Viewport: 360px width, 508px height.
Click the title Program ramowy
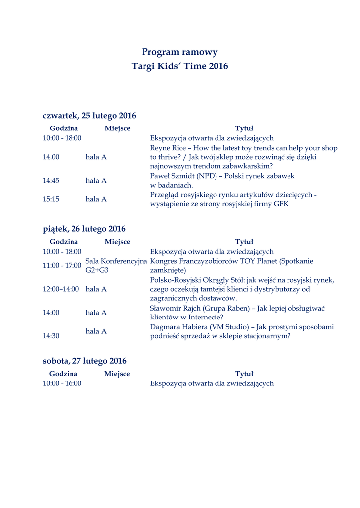point(180,52)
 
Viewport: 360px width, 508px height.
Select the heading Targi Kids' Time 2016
point(180,66)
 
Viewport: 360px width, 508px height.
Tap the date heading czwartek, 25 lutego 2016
point(89,116)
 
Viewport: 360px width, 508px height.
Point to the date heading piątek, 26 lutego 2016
point(84,229)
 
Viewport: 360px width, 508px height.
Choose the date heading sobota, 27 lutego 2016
point(84,361)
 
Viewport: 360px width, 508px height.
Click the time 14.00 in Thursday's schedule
point(51,157)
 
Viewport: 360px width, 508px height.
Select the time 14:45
point(51,181)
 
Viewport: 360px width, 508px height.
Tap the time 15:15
point(51,199)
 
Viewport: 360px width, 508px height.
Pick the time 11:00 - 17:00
point(62,266)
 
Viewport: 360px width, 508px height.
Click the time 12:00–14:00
point(61,289)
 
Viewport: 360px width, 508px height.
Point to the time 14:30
point(51,336)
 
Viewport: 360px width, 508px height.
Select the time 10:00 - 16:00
point(62,383)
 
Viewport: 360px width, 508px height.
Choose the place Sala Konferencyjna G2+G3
point(116,266)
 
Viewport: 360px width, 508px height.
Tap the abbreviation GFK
point(281,204)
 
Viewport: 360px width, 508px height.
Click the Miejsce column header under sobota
point(117,374)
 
